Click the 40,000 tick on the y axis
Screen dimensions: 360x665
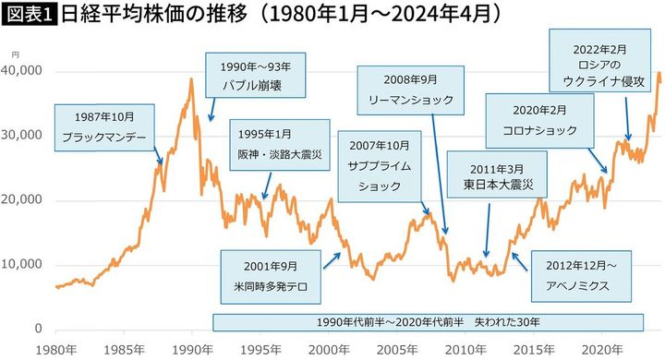click(24, 71)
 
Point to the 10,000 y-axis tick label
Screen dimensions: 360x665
click(24, 265)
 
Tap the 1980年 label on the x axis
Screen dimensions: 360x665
click(55, 349)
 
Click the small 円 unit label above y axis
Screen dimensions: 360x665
click(28, 57)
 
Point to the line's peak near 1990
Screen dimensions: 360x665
click(191, 79)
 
